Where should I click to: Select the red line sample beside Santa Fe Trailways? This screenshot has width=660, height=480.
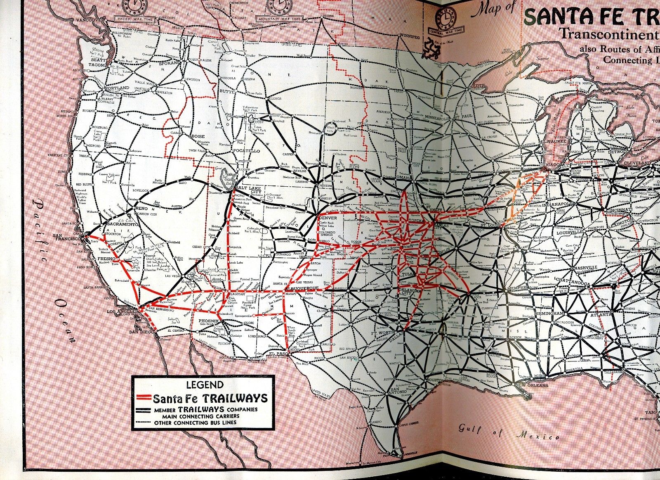[x=142, y=399]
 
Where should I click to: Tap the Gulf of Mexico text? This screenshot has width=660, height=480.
[x=509, y=434]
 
